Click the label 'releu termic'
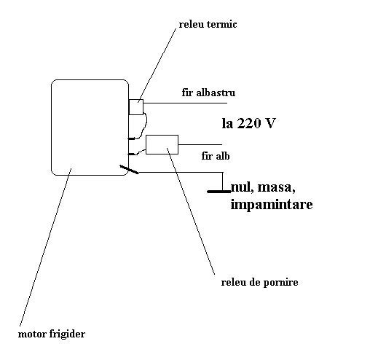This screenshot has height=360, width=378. click(x=208, y=25)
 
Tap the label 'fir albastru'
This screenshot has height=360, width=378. click(x=208, y=93)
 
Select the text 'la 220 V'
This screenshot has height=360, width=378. click(x=249, y=123)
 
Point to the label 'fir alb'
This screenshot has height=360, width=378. click(x=216, y=156)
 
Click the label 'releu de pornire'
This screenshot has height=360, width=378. click(x=259, y=283)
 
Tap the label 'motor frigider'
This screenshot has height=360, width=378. click(x=52, y=334)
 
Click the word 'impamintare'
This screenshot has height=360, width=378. click(x=272, y=205)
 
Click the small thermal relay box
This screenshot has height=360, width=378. click(x=136, y=107)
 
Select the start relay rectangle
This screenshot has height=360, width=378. click(x=162, y=144)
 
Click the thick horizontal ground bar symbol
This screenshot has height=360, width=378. click(x=219, y=192)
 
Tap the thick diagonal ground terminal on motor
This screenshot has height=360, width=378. click(x=130, y=170)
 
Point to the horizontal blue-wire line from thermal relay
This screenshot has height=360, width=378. click(x=185, y=103)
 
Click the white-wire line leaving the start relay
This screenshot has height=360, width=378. click(x=200, y=145)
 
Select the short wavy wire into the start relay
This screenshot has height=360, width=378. click(x=139, y=152)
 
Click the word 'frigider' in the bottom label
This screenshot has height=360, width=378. click(x=67, y=334)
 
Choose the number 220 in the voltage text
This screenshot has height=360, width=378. click(x=249, y=123)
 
